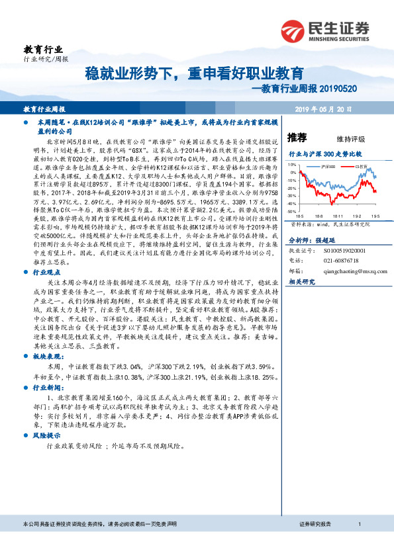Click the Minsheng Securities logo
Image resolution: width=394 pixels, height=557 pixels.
(x=324, y=30)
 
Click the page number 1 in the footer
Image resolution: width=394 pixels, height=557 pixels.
(x=359, y=542)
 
